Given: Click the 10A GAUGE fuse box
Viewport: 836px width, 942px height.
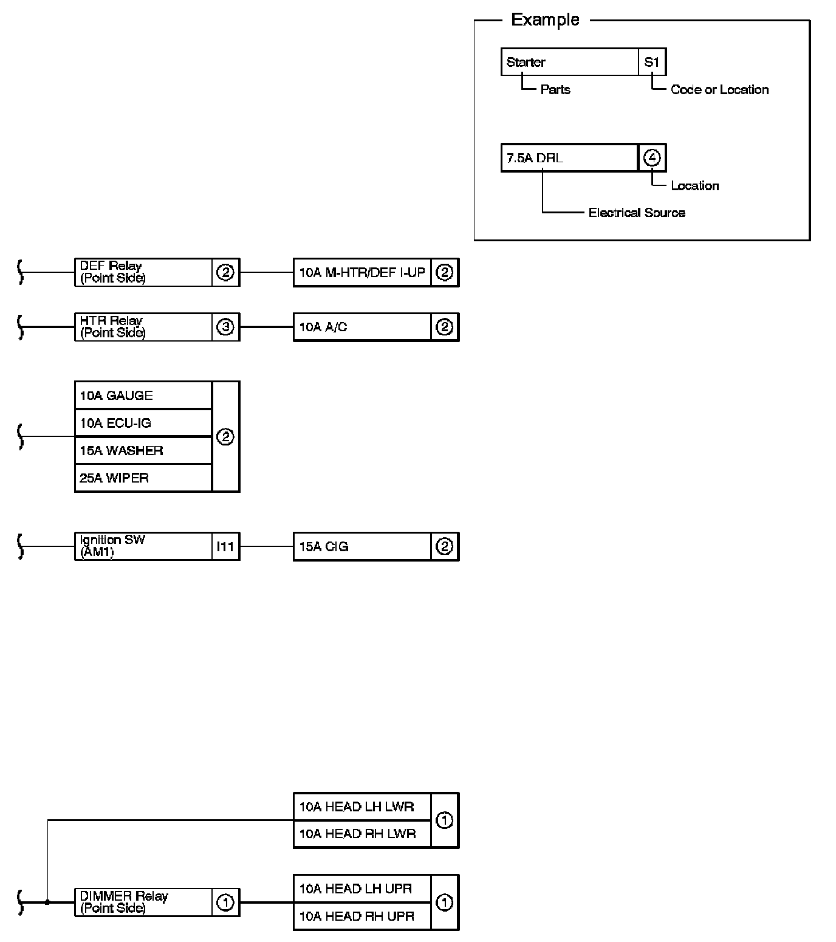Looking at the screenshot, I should pos(143,396).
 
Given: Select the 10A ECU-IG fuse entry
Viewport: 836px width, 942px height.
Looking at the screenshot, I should pos(143,423).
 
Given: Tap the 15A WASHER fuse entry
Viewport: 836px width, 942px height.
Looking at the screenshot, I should pos(143,450).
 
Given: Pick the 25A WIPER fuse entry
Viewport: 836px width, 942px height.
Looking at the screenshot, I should pos(143,478).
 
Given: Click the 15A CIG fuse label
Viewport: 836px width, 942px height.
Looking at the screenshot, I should pos(361,546).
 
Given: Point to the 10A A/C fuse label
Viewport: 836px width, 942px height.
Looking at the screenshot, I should pos(361,327).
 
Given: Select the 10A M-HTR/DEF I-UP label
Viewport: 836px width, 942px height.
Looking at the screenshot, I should pos(361,272).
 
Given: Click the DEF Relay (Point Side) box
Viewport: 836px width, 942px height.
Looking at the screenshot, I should pos(143,272).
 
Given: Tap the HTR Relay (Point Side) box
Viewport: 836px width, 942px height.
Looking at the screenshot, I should pos(143,327).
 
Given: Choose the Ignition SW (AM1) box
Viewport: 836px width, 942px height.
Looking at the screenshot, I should pos(143,546).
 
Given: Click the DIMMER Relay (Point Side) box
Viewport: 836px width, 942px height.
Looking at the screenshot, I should pos(143,902).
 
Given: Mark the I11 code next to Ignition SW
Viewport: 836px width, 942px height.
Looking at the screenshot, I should pos(225,546).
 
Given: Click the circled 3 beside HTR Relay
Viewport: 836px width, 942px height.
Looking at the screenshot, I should pos(225,327).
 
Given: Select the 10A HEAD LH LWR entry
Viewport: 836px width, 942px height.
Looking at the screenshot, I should pos(361,806).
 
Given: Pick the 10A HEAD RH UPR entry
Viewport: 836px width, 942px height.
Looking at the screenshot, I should pos(361,916).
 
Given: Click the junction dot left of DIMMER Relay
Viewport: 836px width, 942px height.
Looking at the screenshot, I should pos(47,902).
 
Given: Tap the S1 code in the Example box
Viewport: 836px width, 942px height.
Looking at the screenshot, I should pos(652,62).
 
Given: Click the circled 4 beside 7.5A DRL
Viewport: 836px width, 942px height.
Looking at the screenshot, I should pos(652,158).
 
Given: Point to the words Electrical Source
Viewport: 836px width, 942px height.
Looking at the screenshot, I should pos(637,213).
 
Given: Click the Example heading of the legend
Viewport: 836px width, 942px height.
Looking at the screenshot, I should pos(545,20).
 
